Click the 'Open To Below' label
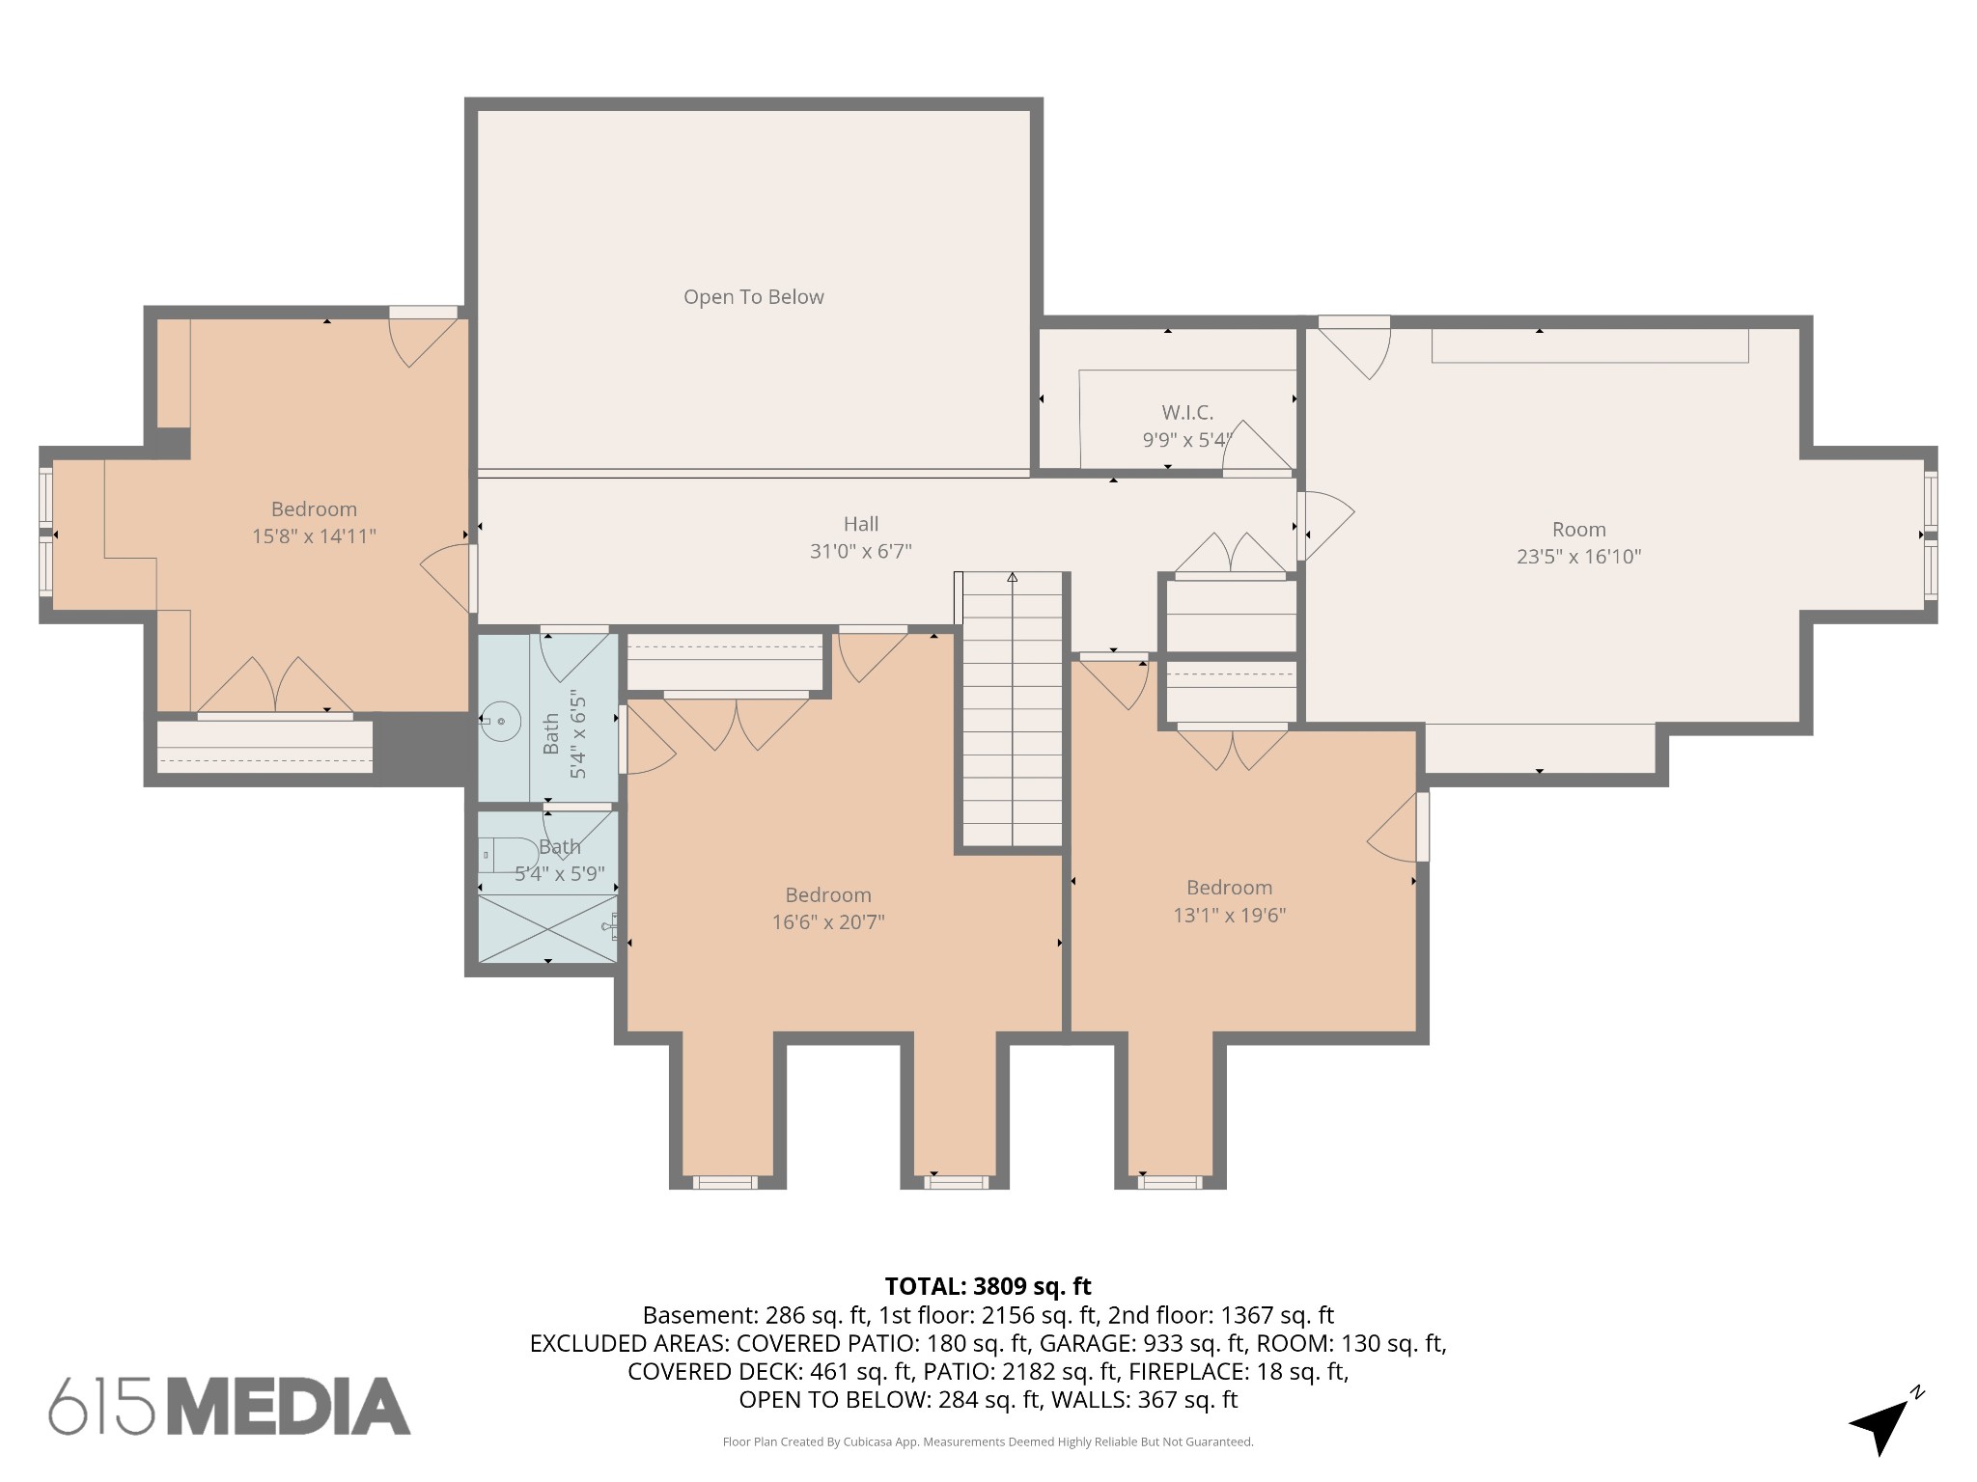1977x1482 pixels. (x=753, y=297)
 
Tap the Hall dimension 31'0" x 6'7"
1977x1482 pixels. (x=860, y=552)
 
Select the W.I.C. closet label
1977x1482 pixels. (x=1186, y=413)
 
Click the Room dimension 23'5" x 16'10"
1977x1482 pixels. (x=1578, y=557)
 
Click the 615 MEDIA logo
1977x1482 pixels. (x=230, y=1407)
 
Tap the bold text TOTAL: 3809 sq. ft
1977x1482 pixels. (x=988, y=1286)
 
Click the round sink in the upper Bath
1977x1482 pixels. (x=502, y=721)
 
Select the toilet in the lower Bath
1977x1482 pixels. (x=509, y=855)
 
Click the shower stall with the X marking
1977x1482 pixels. (x=547, y=928)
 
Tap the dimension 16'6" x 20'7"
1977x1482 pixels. (x=827, y=922)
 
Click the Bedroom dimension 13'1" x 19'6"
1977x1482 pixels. (x=1229, y=916)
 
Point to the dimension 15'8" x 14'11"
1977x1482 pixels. (x=314, y=536)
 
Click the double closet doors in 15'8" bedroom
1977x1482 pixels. (x=275, y=687)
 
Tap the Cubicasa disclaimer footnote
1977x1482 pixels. (x=988, y=1442)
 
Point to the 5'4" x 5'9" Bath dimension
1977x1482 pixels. (x=559, y=874)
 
